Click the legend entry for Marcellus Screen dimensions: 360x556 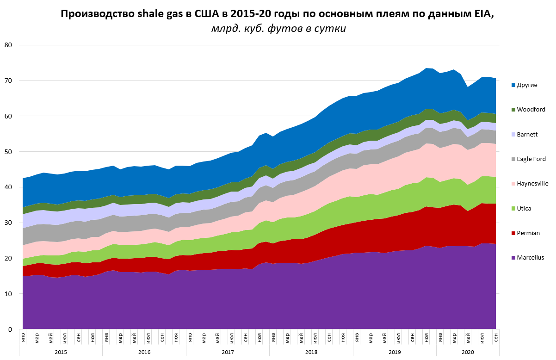pos(530,258)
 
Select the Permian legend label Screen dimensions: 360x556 pos(527,233)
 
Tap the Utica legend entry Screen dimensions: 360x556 pos(524,209)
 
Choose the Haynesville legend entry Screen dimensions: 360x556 pos(531,184)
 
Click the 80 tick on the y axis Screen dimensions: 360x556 pos(8,45)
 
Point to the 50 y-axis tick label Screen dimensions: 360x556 pos(8,152)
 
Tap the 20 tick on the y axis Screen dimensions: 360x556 pos(8,258)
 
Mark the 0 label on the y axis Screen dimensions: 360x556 pos(10,329)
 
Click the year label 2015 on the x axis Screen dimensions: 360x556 pos(61,352)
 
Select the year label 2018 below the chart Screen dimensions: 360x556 pos(311,352)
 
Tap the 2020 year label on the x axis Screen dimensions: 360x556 pos(468,352)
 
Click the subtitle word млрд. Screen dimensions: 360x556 pos(224,29)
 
